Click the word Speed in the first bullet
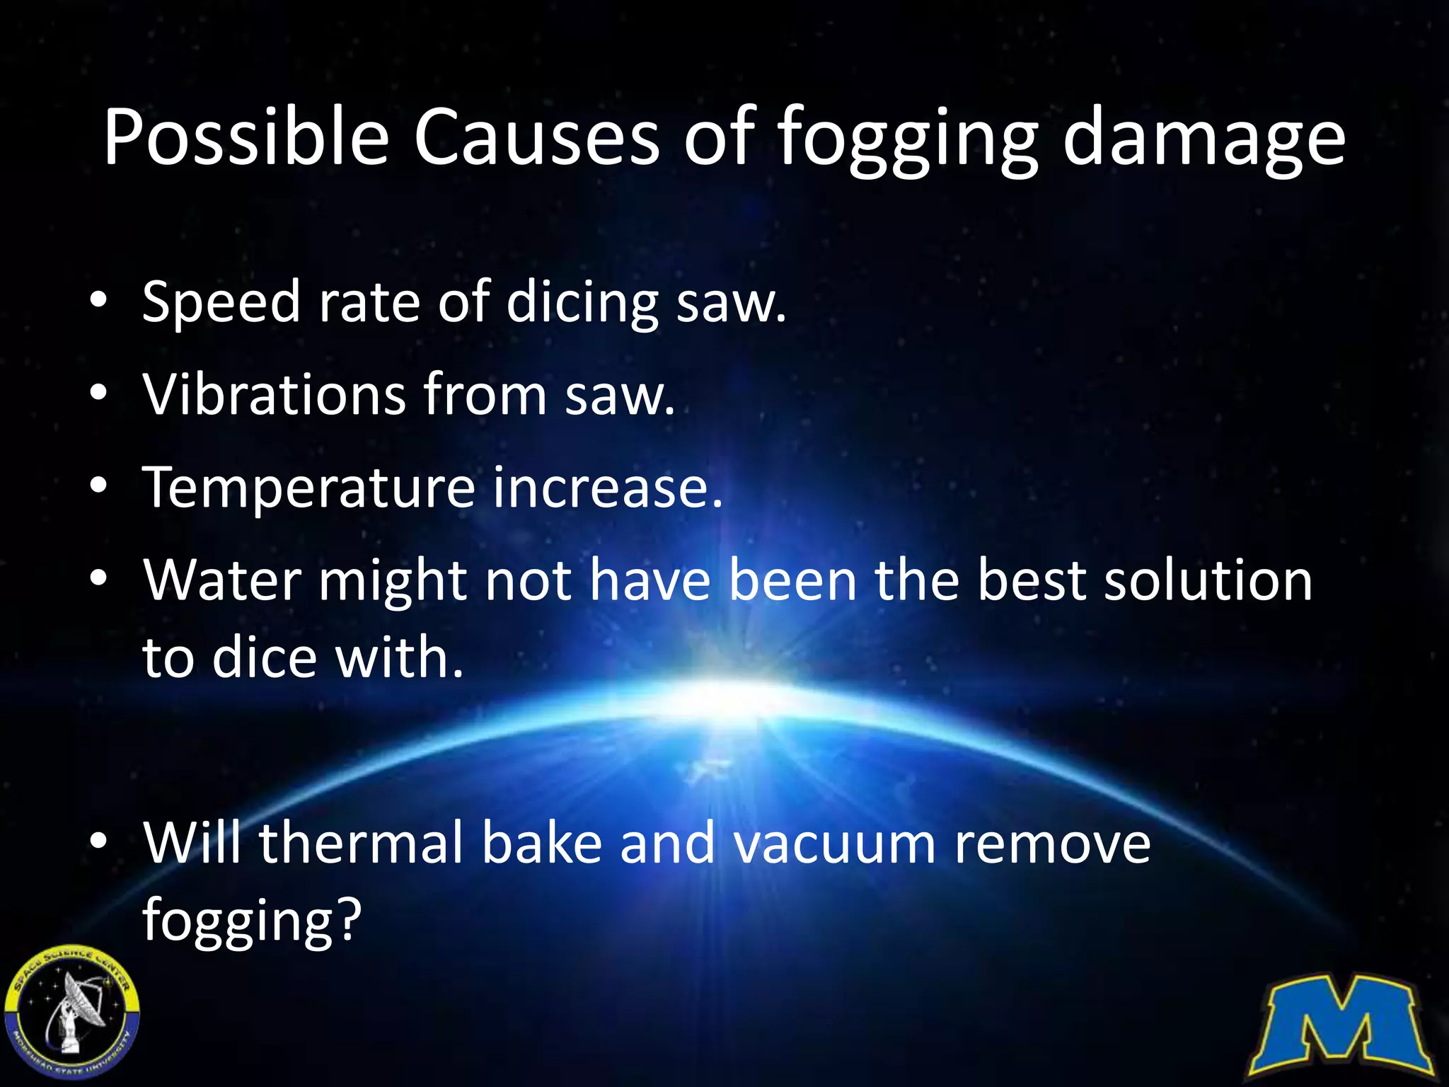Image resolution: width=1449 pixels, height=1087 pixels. pyautogui.click(x=221, y=303)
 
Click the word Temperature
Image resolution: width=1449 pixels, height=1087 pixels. pyautogui.click(x=308, y=488)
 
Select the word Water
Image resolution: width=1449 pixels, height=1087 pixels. pyautogui.click(x=222, y=580)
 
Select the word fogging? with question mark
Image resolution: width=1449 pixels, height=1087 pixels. pyautogui.click(x=252, y=920)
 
